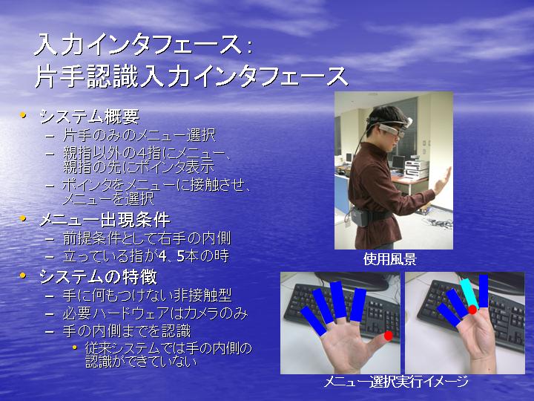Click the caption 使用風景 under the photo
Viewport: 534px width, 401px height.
(390, 259)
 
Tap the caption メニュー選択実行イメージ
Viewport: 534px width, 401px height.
(396, 381)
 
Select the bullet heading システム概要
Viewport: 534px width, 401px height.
(90, 117)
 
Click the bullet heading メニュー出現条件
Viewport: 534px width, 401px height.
(105, 220)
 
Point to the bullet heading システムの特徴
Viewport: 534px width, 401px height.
(99, 276)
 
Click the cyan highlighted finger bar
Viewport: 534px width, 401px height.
(469, 293)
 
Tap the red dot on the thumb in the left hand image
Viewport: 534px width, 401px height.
(388, 336)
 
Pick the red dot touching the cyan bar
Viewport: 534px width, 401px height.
(472, 310)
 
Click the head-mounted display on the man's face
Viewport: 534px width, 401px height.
(392, 129)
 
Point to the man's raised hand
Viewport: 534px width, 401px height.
(443, 180)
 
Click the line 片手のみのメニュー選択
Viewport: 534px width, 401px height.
(139, 136)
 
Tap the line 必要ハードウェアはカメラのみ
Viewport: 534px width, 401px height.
(155, 313)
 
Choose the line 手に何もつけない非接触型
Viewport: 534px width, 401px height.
(147, 296)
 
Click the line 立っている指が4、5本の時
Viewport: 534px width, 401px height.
(146, 256)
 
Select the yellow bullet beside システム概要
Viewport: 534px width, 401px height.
(23, 115)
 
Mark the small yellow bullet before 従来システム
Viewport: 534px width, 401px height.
(75, 348)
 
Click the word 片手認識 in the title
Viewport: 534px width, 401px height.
(87, 76)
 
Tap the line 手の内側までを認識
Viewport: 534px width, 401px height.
(127, 331)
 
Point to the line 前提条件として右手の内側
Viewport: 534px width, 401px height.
(147, 238)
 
